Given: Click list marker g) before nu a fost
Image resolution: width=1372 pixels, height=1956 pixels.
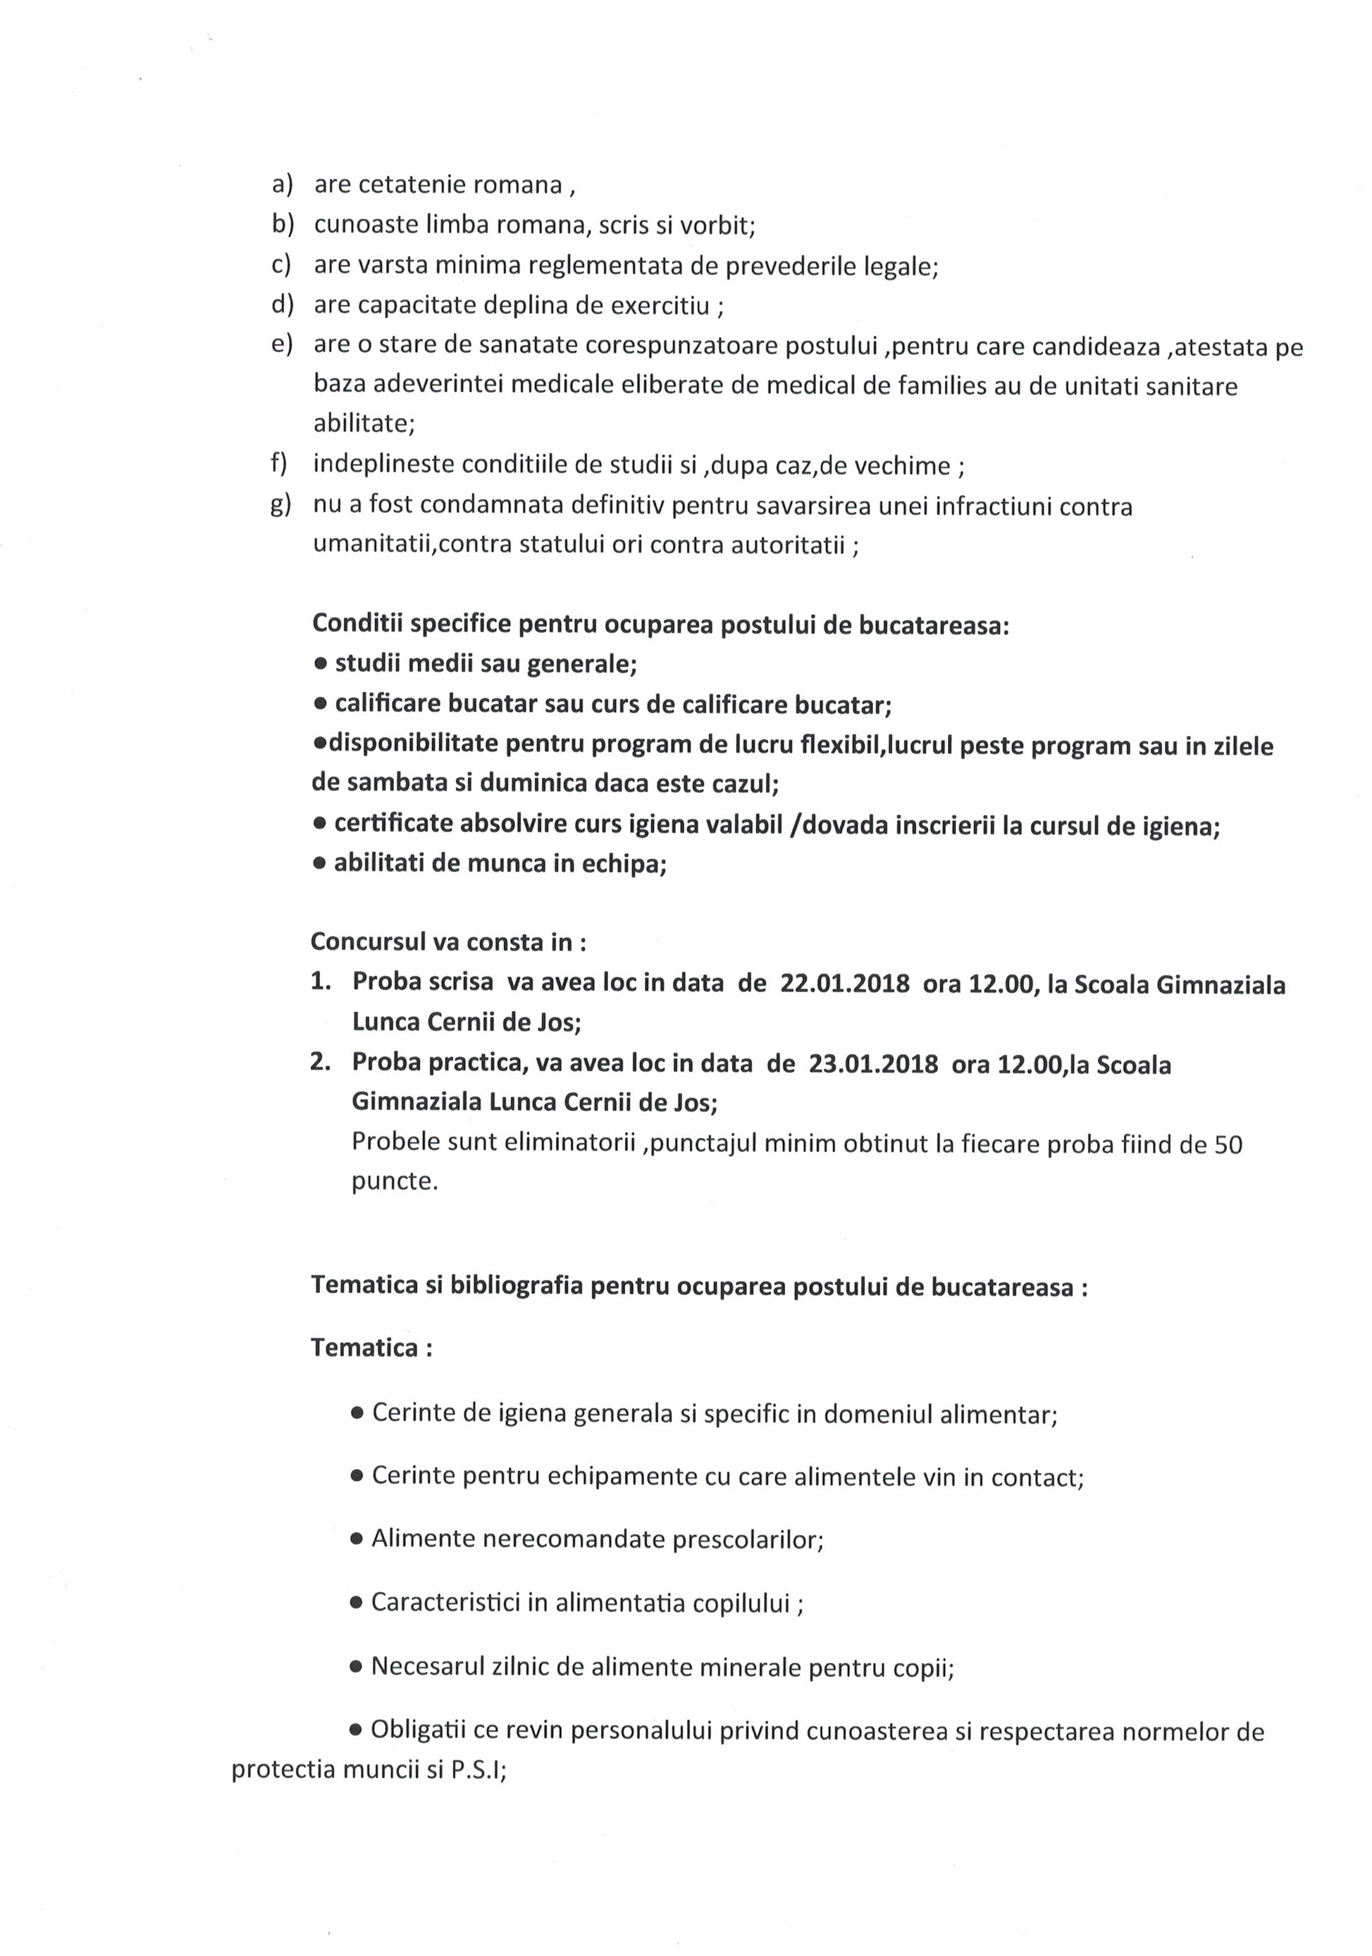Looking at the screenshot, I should pyautogui.click(x=280, y=504).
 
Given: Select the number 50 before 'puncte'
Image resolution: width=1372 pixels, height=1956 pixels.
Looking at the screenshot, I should pyautogui.click(x=1228, y=1144).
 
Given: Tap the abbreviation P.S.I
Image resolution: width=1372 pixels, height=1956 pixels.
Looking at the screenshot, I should pyautogui.click(x=477, y=1771).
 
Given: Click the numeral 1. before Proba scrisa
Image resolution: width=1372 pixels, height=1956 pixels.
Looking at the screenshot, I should pyautogui.click(x=321, y=981).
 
